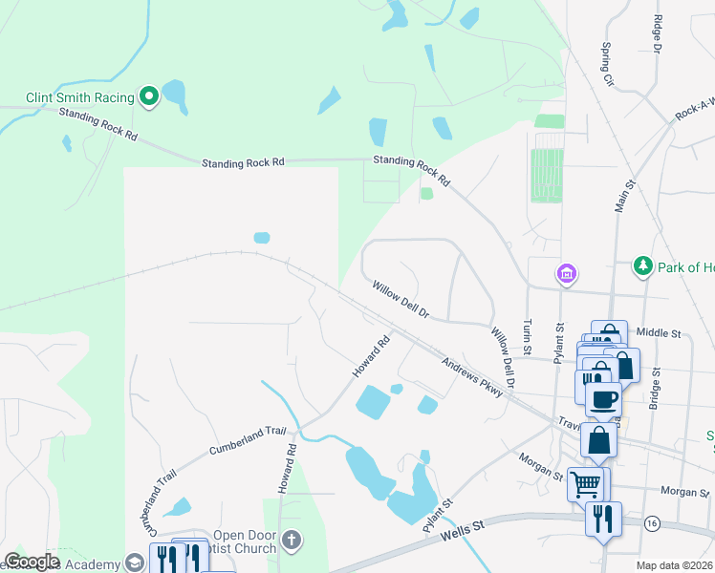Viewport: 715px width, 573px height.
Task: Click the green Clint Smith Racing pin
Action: tap(149, 95)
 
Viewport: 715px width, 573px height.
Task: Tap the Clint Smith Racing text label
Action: tap(80, 96)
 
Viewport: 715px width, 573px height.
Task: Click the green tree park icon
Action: tap(643, 265)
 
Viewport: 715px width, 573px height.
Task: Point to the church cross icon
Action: tap(292, 541)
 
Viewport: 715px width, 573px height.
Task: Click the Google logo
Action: tap(32, 562)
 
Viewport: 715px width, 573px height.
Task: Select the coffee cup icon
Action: tap(603, 398)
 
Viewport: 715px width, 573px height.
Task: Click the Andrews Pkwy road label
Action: tap(471, 377)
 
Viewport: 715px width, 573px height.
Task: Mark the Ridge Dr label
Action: tap(657, 33)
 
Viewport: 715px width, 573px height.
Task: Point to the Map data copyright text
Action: tap(675, 565)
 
